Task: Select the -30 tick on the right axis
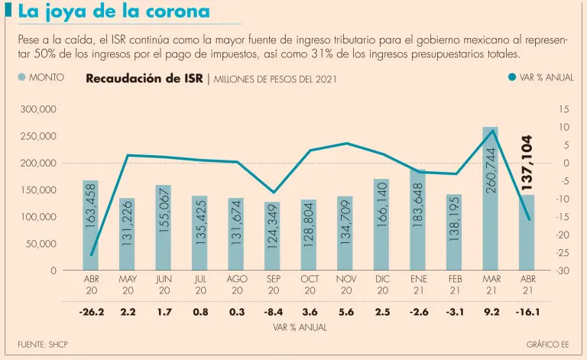(563, 271)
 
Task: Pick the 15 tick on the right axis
(563, 110)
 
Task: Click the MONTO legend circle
(21, 77)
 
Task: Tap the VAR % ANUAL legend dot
(511, 77)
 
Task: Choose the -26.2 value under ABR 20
(92, 312)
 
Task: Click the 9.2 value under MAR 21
(491, 312)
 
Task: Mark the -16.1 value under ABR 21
(527, 312)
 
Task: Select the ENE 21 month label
(418, 285)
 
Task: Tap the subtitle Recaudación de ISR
(144, 78)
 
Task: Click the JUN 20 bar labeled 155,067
(163, 228)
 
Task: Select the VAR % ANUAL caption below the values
(300, 327)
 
